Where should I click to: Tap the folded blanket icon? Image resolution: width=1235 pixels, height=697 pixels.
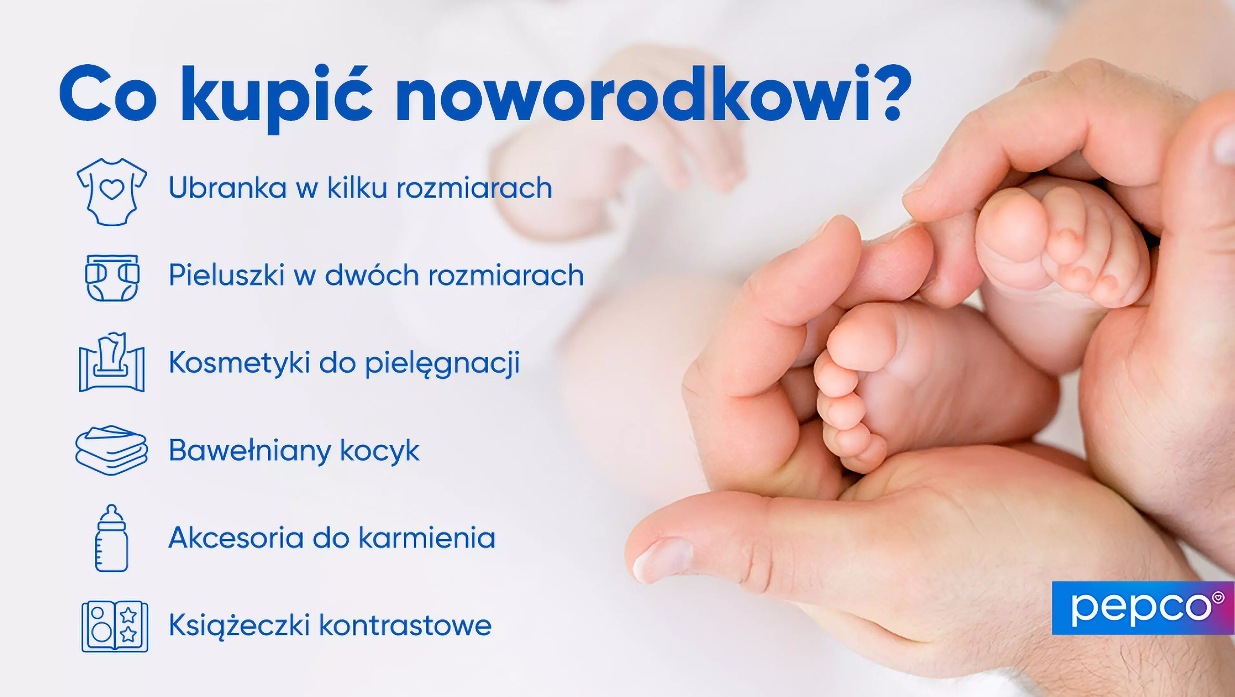click(111, 450)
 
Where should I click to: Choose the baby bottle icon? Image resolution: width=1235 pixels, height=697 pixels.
click(112, 538)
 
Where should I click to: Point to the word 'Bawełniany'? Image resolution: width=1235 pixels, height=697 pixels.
click(250, 450)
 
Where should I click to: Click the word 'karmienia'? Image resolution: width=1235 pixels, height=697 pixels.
click(427, 538)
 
